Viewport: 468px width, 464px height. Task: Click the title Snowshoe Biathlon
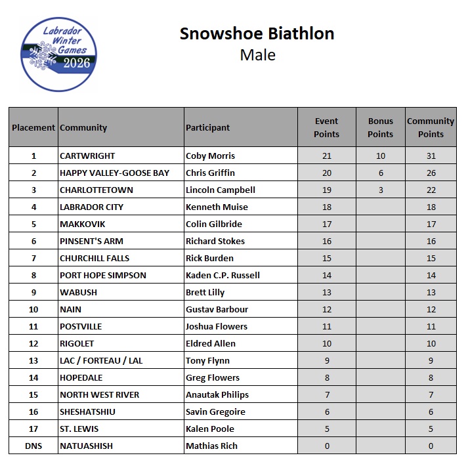click(x=257, y=33)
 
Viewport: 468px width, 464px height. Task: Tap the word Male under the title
click(x=257, y=54)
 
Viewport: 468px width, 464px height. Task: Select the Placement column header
click(x=33, y=127)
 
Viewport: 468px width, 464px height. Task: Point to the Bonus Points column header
click(x=380, y=127)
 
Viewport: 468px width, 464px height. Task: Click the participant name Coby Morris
click(x=210, y=156)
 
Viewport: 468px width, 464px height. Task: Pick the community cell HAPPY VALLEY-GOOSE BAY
click(x=114, y=173)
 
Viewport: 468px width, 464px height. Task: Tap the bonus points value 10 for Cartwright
click(x=380, y=156)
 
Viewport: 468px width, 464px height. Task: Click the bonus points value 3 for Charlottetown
click(x=380, y=190)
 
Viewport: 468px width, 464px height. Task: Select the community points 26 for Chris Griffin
click(x=431, y=173)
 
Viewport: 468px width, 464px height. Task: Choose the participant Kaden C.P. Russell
click(x=223, y=275)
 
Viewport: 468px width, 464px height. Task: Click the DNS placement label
click(x=33, y=446)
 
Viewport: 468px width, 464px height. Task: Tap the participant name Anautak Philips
click(x=217, y=394)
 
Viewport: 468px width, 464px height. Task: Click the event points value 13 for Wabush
click(x=327, y=292)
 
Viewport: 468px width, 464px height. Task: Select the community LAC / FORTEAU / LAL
click(x=100, y=360)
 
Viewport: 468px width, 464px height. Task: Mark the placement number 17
click(x=33, y=429)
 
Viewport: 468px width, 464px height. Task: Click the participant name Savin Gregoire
click(x=215, y=411)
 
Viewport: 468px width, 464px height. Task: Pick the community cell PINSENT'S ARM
click(x=91, y=241)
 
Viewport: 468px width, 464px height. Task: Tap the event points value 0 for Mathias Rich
click(x=327, y=446)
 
